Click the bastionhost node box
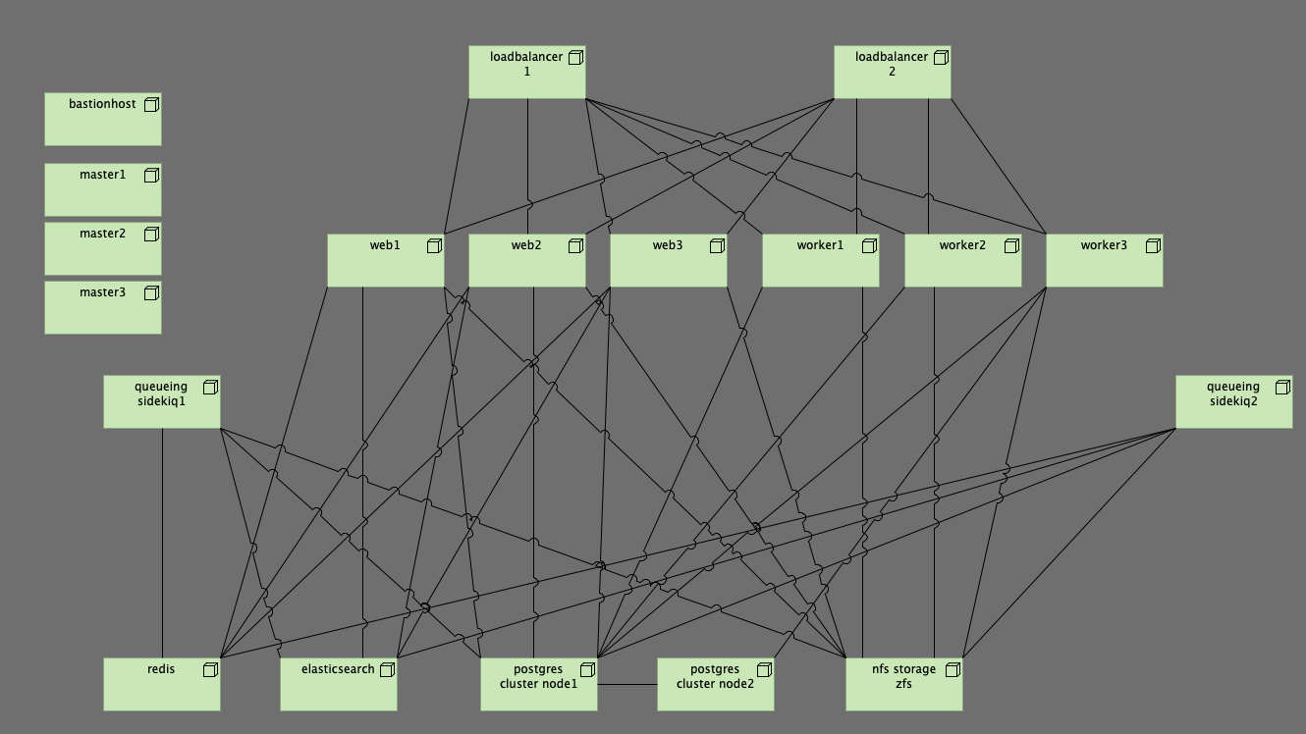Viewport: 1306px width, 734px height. [102, 120]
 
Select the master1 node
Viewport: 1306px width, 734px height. [102, 189]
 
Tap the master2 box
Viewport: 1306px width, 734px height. [102, 248]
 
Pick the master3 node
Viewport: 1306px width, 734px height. [102, 307]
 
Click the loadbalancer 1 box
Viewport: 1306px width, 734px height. [526, 73]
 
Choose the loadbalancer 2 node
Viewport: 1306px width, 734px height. [892, 73]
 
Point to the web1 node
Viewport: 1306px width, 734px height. [385, 261]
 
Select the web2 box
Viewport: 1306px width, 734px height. [526, 261]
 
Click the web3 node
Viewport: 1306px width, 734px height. [668, 261]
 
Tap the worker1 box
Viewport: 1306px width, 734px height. [820, 261]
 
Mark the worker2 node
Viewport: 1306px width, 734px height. [962, 261]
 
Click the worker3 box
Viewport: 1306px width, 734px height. [1104, 261]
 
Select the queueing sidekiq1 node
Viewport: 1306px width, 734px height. [161, 402]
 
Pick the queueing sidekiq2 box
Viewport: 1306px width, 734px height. [1233, 402]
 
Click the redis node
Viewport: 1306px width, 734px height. [161, 685]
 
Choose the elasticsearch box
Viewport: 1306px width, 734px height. [338, 685]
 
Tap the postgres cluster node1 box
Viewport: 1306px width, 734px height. [538, 685]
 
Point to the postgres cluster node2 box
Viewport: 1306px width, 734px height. [715, 685]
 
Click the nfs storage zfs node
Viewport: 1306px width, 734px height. [903, 685]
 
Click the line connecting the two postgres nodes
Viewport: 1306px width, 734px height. [626, 684]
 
